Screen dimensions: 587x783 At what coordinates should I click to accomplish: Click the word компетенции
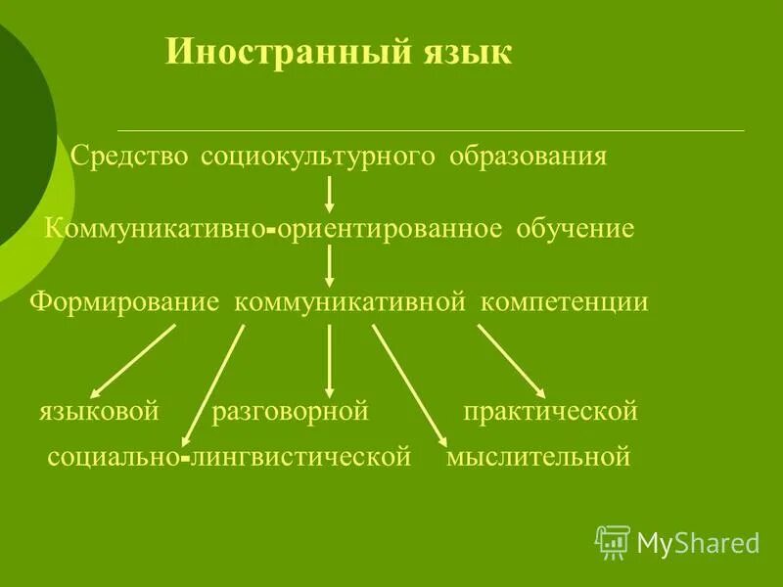[563, 301]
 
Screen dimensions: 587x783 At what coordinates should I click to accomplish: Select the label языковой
[99, 412]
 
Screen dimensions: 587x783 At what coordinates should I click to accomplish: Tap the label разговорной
[290, 412]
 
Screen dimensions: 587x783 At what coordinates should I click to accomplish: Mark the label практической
[550, 412]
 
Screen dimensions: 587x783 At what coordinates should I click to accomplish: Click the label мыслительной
[537, 457]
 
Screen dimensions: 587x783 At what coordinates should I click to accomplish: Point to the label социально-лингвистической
[228, 457]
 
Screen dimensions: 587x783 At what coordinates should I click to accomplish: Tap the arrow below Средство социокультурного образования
[330, 194]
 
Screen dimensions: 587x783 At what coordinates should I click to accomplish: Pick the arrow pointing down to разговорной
[329, 360]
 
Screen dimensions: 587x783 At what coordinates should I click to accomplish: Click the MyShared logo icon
[613, 541]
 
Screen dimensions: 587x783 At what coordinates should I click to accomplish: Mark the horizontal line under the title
[431, 130]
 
